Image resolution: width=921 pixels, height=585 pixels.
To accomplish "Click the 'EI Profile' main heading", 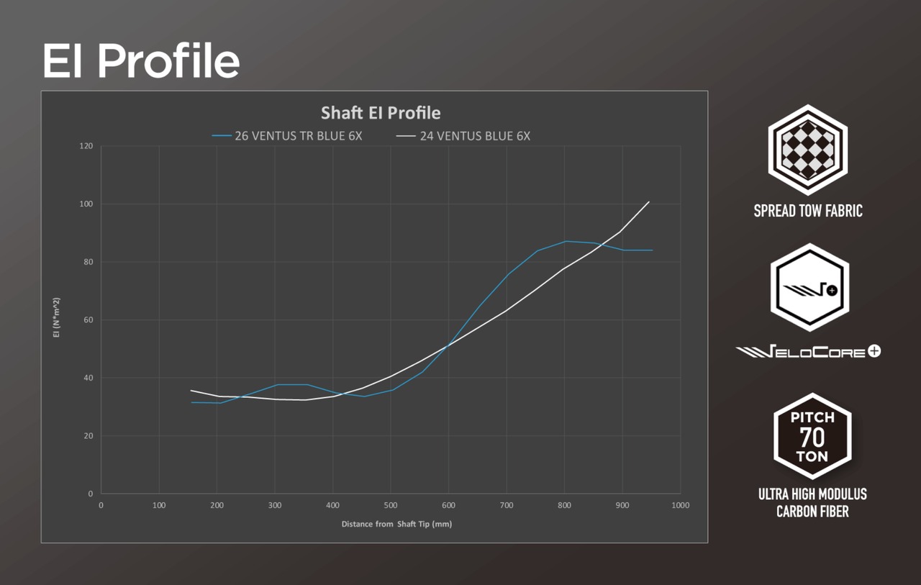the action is click(141, 61).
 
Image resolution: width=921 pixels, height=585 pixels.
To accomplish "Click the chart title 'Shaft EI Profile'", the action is click(381, 113).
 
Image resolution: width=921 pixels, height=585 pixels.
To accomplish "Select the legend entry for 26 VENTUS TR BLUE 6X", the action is click(287, 136).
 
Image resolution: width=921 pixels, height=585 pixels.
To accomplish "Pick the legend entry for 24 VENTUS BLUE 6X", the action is click(463, 136).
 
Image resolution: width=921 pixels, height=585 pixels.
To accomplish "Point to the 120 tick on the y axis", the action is click(86, 146).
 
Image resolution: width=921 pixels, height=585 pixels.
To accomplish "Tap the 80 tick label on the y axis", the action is click(89, 262).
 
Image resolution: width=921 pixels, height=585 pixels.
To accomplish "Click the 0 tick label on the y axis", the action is click(91, 494).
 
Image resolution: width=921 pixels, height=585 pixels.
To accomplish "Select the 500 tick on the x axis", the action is click(391, 505).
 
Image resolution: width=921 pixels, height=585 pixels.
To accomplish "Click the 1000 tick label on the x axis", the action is click(681, 505).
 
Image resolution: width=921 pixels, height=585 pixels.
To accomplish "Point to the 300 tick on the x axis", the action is click(275, 505).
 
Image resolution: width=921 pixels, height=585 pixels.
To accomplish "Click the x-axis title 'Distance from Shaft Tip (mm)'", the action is click(396, 524).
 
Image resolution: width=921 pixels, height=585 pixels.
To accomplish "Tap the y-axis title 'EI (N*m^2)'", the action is click(57, 317).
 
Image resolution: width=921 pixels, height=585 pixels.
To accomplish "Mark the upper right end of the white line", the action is click(649, 201).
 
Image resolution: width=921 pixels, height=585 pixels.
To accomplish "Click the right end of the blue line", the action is click(653, 250).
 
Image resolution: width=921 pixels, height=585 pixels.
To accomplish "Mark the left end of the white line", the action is click(191, 390).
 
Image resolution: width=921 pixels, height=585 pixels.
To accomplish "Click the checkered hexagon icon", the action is click(808, 150).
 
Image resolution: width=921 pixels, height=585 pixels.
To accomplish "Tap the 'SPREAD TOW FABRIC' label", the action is click(808, 211).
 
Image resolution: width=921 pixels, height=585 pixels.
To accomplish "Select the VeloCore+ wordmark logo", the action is click(808, 351).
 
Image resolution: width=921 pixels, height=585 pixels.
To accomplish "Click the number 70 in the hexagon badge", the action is click(812, 437).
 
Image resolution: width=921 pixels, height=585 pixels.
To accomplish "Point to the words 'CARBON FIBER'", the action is click(812, 512).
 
